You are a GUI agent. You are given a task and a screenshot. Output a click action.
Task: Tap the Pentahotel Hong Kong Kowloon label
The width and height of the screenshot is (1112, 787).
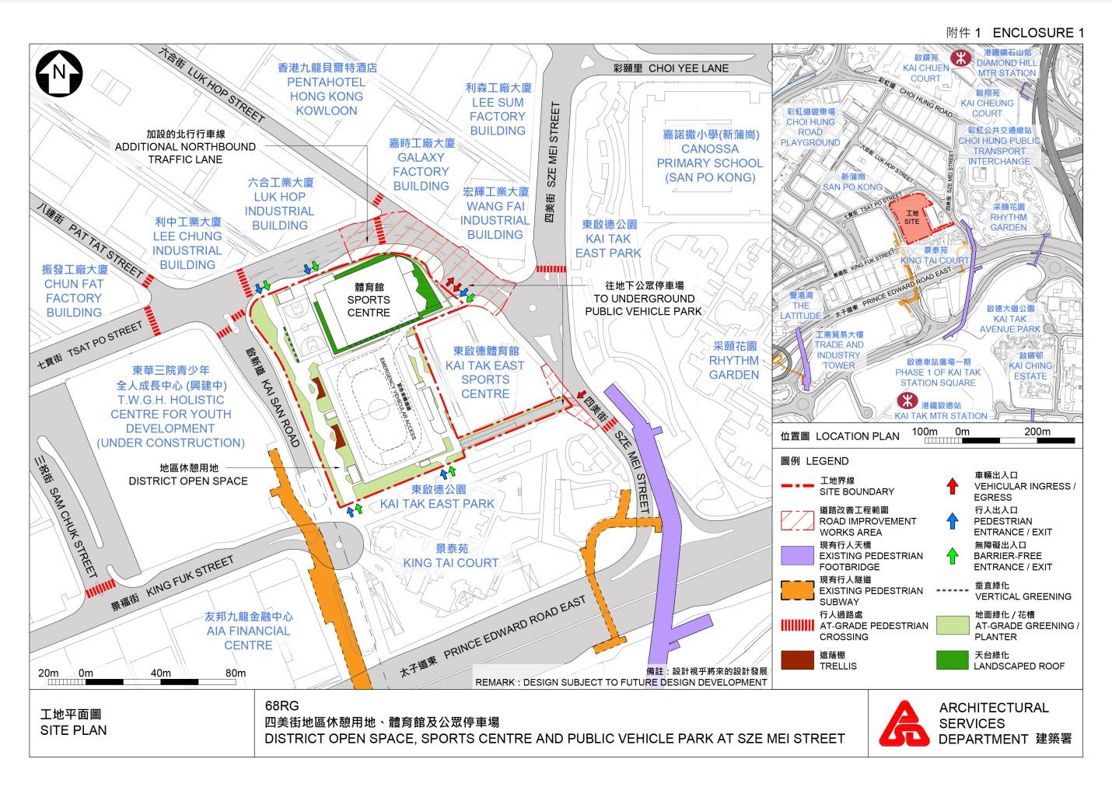(327, 89)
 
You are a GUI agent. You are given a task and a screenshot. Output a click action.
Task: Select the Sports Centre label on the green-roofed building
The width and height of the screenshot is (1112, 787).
(369, 299)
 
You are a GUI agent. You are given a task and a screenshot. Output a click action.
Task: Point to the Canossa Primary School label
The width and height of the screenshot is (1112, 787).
(709, 156)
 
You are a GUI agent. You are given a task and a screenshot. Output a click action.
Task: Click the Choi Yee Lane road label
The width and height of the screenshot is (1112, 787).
(670, 68)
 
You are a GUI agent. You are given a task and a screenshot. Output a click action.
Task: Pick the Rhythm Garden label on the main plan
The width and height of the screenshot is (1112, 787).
(734, 361)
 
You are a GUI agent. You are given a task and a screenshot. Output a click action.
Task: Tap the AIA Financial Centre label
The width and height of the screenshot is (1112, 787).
(248, 631)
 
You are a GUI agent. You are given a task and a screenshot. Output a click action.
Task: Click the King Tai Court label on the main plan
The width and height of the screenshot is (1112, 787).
(450, 555)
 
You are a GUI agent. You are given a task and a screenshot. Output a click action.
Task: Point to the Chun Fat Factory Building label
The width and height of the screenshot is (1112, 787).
(74, 291)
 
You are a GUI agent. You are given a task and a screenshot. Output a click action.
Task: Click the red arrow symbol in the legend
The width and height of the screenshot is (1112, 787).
(951, 486)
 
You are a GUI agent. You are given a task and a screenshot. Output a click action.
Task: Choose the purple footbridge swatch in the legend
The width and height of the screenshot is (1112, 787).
(797, 555)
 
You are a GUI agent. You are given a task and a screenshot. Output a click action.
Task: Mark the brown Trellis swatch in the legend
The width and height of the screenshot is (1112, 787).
(797, 659)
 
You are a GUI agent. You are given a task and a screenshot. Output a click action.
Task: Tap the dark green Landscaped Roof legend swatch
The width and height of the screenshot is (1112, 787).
(951, 659)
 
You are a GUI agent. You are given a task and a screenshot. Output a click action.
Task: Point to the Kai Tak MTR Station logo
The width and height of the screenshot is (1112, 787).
(905, 400)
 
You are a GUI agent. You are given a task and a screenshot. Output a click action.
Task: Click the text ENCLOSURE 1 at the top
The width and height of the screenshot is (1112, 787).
(1037, 33)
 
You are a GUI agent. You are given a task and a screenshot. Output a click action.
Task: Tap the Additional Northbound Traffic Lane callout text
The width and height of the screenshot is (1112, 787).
(185, 146)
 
